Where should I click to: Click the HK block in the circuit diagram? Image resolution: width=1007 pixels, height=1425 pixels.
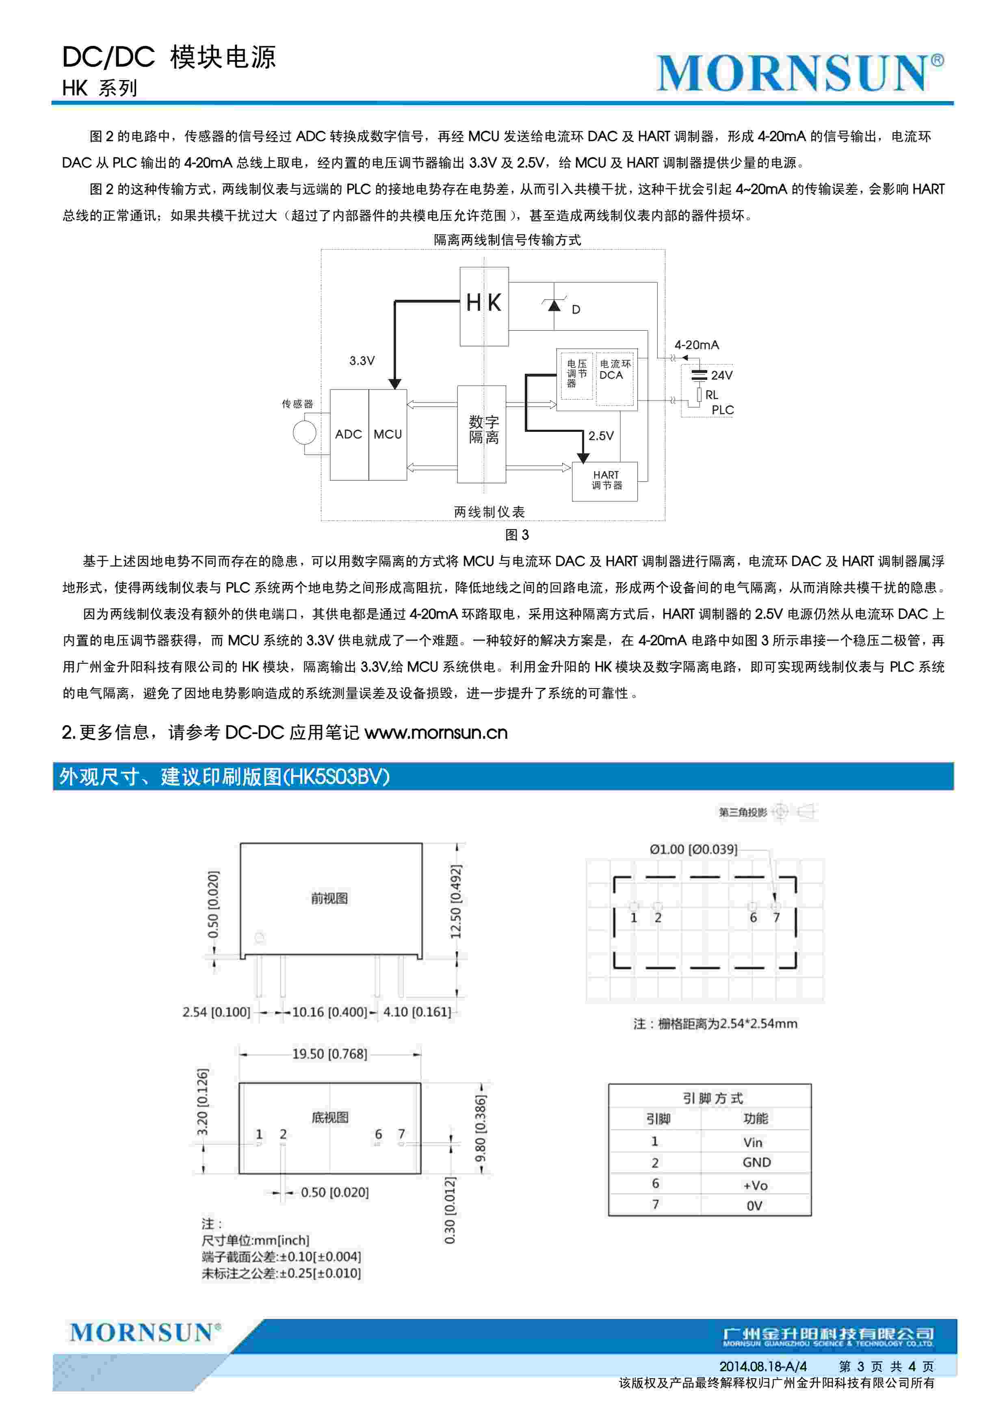484,305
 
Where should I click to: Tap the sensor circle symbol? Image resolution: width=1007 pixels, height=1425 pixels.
304,433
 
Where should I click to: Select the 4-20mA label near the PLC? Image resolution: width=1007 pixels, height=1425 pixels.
696,345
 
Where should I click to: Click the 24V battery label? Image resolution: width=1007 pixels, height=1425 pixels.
721,375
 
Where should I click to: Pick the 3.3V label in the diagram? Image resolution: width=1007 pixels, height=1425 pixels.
362,361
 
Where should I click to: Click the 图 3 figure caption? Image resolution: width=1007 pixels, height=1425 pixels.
516,535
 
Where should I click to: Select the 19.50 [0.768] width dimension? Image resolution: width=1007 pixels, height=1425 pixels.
329,1054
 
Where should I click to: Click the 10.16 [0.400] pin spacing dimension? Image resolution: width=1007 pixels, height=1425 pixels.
329,1012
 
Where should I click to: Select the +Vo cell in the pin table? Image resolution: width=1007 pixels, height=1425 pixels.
755,1185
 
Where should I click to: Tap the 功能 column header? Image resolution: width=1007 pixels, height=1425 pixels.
755,1118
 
